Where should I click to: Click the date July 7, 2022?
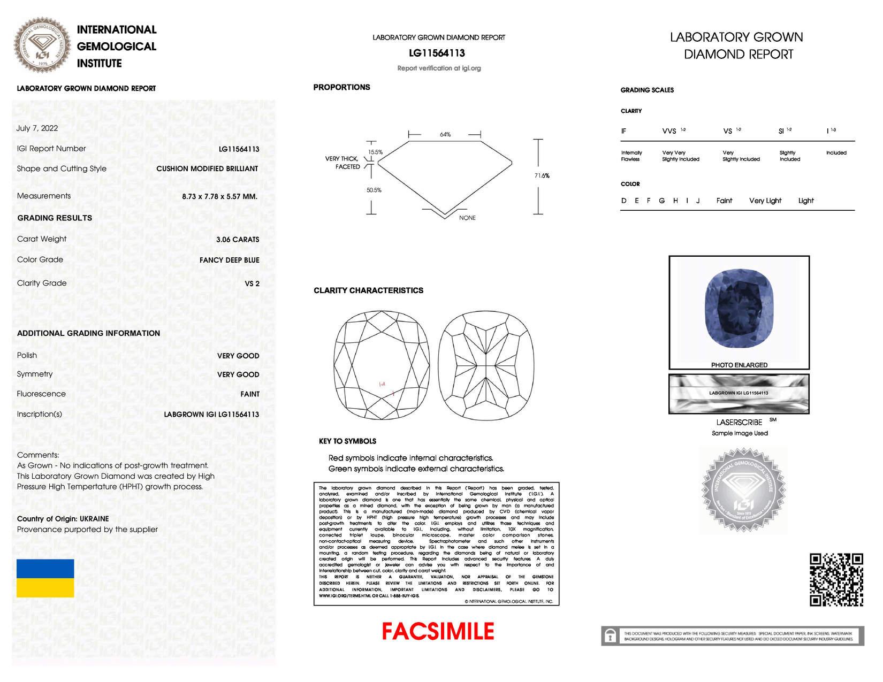[x=37, y=128]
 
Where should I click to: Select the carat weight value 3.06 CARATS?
[x=237, y=240]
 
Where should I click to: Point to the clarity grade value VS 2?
[x=252, y=283]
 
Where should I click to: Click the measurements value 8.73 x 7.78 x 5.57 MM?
[x=219, y=196]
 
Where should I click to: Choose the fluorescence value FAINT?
[x=249, y=394]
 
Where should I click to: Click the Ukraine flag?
[x=45, y=578]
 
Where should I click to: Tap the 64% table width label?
[x=445, y=134]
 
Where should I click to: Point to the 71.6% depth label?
[x=542, y=175]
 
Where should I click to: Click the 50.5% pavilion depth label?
[x=374, y=190]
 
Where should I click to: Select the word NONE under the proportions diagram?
[x=467, y=218]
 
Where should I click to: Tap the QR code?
[x=836, y=580]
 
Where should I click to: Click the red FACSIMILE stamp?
[x=438, y=631]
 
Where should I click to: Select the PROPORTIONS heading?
[x=341, y=87]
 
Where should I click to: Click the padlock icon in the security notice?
[x=610, y=636]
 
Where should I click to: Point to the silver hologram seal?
[x=743, y=489]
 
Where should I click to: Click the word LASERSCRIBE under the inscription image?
[x=739, y=422]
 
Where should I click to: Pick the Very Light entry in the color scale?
[x=765, y=201]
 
